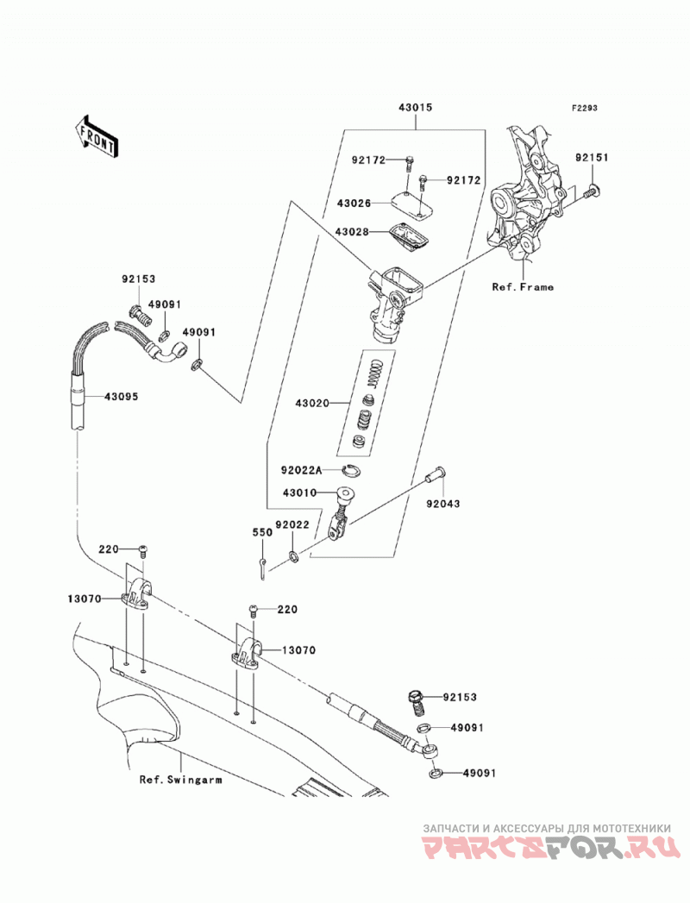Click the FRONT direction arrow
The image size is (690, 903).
click(x=97, y=140)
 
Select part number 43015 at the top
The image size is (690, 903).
click(x=415, y=108)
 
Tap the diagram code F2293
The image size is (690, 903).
click(x=584, y=108)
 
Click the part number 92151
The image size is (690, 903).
click(x=591, y=157)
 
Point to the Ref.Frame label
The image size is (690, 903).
click(x=523, y=287)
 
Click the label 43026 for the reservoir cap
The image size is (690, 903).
click(x=354, y=204)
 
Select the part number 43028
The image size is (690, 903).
click(x=352, y=231)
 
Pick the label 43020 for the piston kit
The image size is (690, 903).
click(x=312, y=403)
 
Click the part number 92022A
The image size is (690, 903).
click(x=301, y=470)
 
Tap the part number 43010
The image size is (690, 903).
click(x=299, y=493)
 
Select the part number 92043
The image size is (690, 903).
click(x=443, y=504)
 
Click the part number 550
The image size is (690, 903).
click(x=262, y=533)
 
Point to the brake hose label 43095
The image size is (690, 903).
click(x=121, y=396)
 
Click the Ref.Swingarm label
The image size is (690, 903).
click(x=180, y=780)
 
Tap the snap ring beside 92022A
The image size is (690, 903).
click(x=350, y=471)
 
